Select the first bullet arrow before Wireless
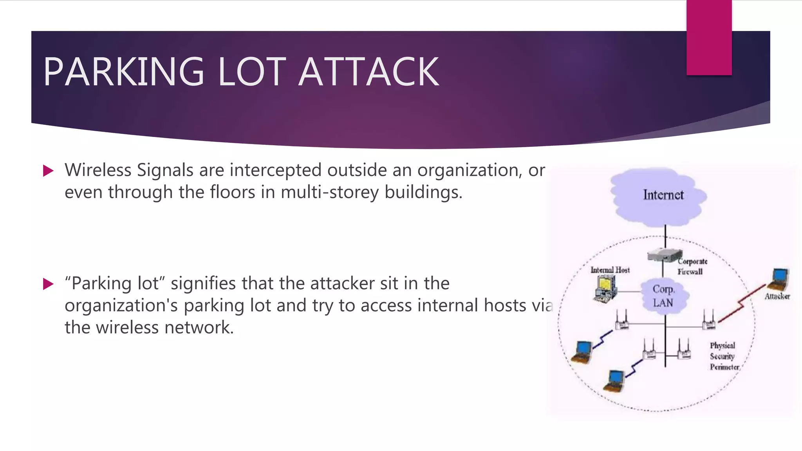[48, 171]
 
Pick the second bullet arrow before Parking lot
[48, 284]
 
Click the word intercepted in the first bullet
[276, 170]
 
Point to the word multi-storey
[330, 192]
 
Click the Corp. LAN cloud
[663, 296]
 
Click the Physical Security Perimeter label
[724, 356]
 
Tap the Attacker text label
[777, 296]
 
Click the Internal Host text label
[610, 270]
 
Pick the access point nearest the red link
[709, 321]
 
